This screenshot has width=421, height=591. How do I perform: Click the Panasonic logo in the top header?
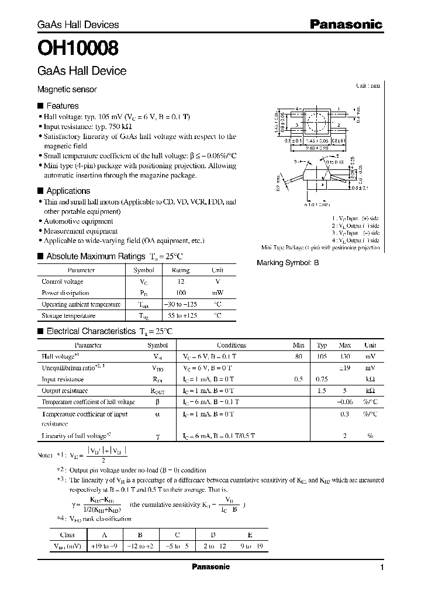[345, 24]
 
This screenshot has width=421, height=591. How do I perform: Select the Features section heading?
[62, 106]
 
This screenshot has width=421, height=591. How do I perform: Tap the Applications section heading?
[68, 191]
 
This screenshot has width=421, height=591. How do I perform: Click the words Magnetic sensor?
[67, 89]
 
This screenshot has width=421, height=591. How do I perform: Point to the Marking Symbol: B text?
[288, 263]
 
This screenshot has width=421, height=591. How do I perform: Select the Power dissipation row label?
[65, 293]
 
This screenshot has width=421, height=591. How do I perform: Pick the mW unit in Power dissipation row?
[217, 293]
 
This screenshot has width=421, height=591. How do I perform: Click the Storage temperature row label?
[68, 315]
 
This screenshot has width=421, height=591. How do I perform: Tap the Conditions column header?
[232, 345]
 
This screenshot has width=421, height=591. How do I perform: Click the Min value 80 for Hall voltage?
[299, 356]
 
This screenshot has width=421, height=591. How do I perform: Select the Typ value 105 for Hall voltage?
[322, 356]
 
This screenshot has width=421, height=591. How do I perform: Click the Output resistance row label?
[65, 391]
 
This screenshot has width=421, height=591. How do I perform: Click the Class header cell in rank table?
[67, 534]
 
